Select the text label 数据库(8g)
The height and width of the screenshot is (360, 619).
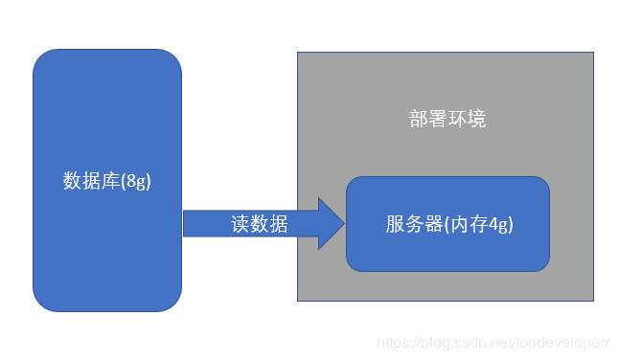click(107, 180)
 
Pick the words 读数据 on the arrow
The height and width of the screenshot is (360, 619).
click(259, 223)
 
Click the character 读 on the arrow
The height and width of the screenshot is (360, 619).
click(241, 223)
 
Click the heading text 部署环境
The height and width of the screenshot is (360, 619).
click(447, 119)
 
